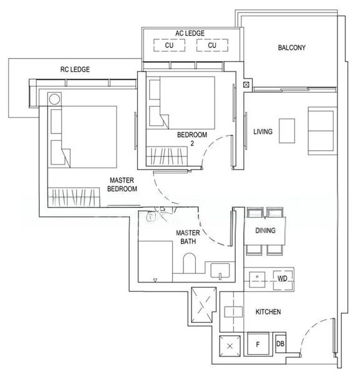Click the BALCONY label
(291, 48)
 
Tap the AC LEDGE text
(191, 33)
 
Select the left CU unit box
(169, 46)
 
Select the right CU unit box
(212, 46)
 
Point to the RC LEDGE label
(75, 69)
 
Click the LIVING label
(263, 132)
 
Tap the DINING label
(265, 231)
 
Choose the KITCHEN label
(268, 312)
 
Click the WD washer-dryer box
(282, 279)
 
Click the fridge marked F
(256, 344)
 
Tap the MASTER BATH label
(187, 237)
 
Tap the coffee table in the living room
(286, 132)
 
